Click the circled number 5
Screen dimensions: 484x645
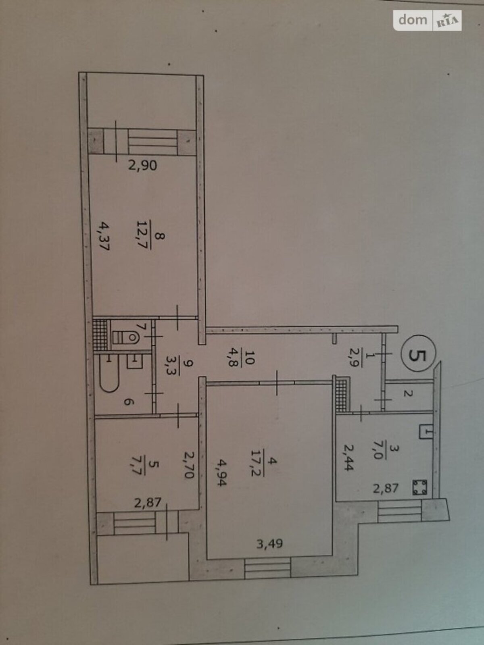point(419,356)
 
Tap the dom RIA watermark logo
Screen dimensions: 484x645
point(427,21)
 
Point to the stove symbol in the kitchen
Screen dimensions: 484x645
point(419,487)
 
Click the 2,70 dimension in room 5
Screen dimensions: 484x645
point(189,464)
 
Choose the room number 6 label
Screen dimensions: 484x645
point(127,402)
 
